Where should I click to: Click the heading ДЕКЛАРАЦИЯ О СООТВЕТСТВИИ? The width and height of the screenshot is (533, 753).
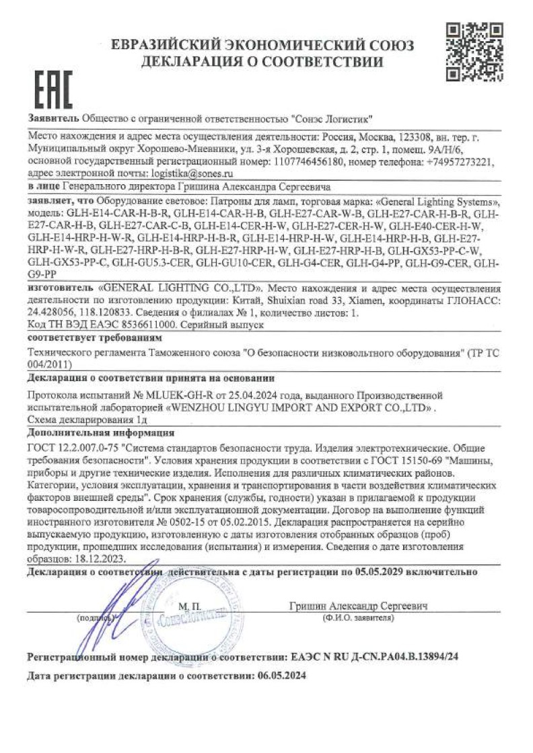tap(262, 63)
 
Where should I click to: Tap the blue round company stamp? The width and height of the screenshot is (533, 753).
tap(195, 619)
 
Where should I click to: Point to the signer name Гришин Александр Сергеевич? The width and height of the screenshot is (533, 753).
tap(359, 606)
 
